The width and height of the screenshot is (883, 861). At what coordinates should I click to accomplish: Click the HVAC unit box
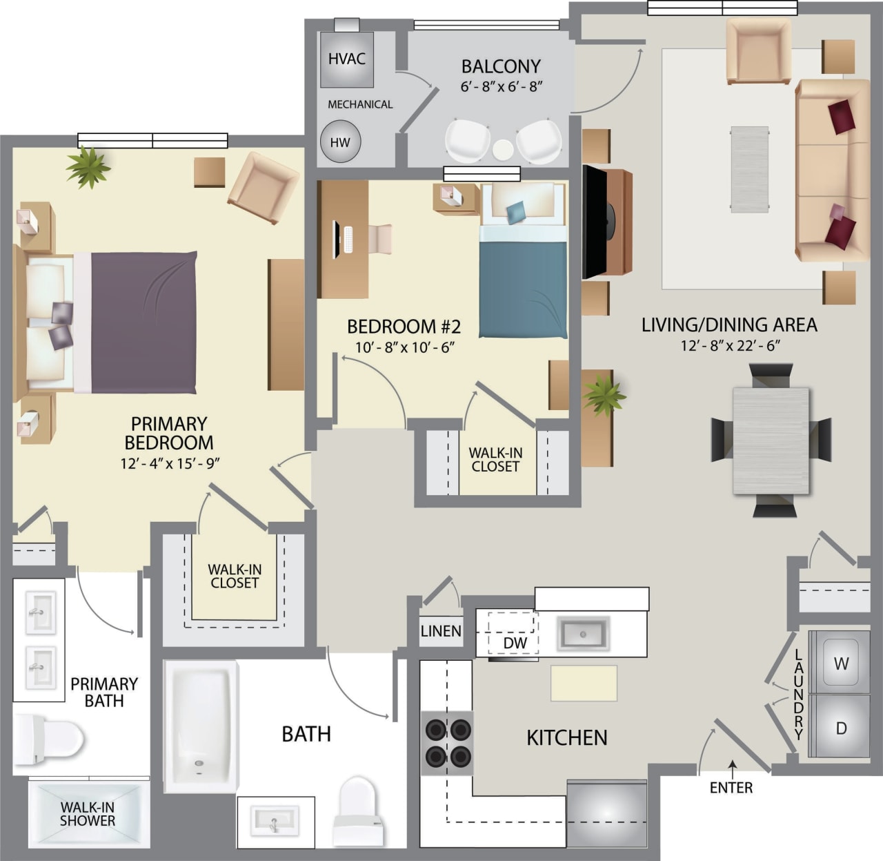coord(347,59)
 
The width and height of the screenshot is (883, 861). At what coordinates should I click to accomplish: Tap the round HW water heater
coord(340,142)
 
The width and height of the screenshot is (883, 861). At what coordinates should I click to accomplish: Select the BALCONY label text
coord(501,66)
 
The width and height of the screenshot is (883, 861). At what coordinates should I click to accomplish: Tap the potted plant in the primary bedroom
coord(88,167)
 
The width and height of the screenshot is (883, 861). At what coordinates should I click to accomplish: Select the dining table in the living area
coord(771,441)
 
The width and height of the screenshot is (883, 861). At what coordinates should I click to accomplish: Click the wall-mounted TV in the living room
coord(593,222)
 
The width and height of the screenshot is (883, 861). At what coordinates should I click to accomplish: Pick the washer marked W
coord(840,664)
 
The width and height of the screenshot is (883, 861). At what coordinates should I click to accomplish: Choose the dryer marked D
coord(840,728)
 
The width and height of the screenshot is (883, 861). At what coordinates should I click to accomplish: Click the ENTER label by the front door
coord(731,787)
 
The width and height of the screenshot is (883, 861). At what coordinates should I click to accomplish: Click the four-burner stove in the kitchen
coord(447,743)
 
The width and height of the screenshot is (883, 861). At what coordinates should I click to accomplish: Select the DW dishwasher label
coord(515,643)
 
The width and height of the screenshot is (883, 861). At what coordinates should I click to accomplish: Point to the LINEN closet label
coord(441,630)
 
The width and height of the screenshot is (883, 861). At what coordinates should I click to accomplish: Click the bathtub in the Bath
coord(200,725)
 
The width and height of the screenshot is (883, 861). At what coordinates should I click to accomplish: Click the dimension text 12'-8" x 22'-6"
coord(729,345)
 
